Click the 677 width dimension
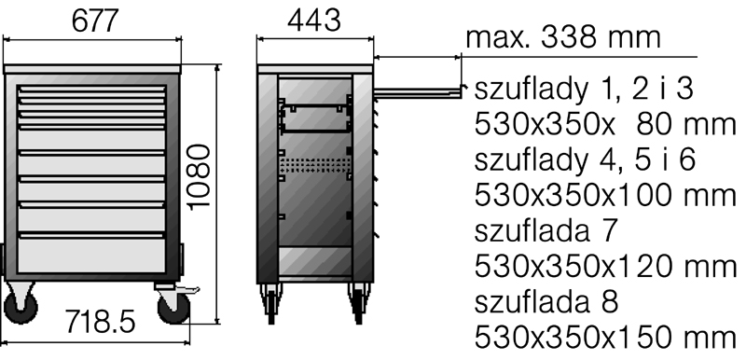click(x=94, y=21)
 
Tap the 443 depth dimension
click(x=314, y=21)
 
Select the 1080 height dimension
click(x=199, y=177)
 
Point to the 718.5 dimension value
click(x=100, y=322)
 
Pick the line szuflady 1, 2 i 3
click(x=584, y=89)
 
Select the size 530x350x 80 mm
click(x=605, y=124)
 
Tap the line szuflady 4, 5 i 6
click(x=585, y=159)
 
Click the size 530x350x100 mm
click(x=605, y=195)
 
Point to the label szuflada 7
click(x=546, y=230)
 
